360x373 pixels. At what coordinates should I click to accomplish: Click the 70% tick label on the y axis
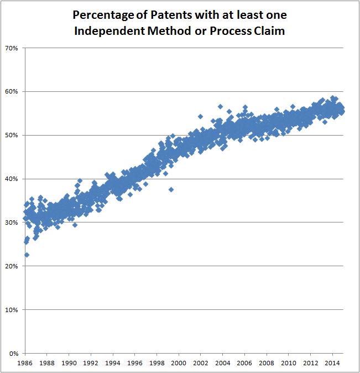12,48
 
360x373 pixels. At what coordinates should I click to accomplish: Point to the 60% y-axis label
12,92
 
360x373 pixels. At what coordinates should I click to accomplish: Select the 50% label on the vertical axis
12,136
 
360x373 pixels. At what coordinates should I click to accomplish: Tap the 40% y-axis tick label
12,179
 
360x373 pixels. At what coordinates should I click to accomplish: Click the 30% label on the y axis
12,222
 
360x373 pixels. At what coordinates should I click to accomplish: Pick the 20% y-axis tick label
12,266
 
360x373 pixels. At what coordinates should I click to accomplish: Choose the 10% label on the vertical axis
12,310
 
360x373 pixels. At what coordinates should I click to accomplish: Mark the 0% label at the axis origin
14,353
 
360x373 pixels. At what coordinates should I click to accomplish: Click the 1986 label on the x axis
25,363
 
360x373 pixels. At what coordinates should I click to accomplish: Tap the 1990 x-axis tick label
69,363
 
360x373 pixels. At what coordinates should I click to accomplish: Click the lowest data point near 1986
27,255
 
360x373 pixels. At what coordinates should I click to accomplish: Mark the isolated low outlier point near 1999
171,189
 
